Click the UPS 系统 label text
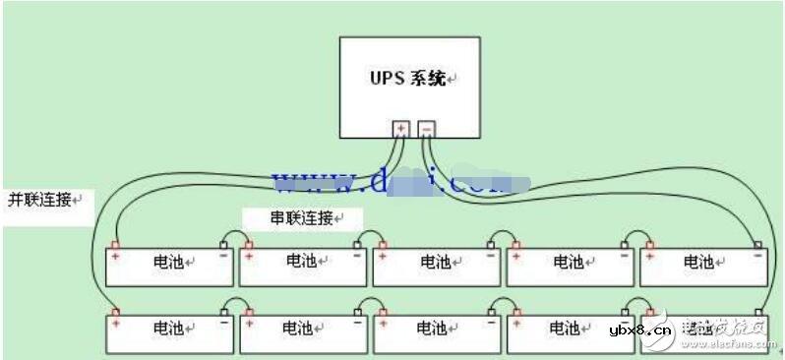pyautogui.click(x=407, y=78)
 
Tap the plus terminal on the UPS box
pyautogui.click(x=401, y=129)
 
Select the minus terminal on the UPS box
pyautogui.click(x=427, y=129)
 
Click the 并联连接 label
pyautogui.click(x=40, y=199)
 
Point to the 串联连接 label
pyautogui.click(x=302, y=217)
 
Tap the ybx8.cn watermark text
pyautogui.click(x=640, y=330)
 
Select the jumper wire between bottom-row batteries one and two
pyautogui.click(x=236, y=301)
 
